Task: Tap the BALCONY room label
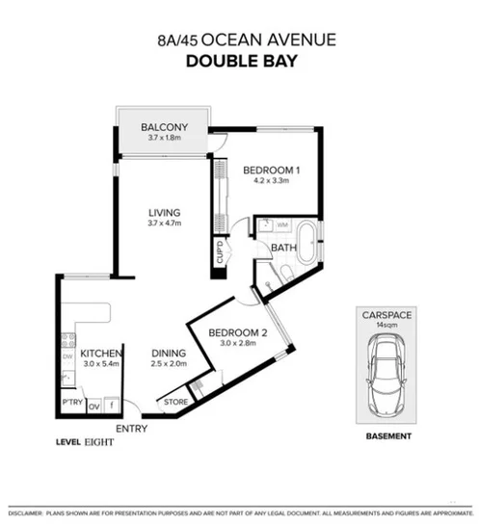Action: point(164,127)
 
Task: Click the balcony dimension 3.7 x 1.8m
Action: point(164,141)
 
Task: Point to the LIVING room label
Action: point(164,213)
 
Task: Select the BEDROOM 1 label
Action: point(271,170)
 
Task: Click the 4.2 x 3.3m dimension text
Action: point(271,182)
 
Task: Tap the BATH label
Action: point(283,248)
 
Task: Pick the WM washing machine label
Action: point(282,225)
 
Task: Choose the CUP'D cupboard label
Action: point(220,255)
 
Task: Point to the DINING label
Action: point(168,353)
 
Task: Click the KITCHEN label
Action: point(99,354)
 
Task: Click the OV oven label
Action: point(93,406)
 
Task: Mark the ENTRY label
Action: point(131,427)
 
